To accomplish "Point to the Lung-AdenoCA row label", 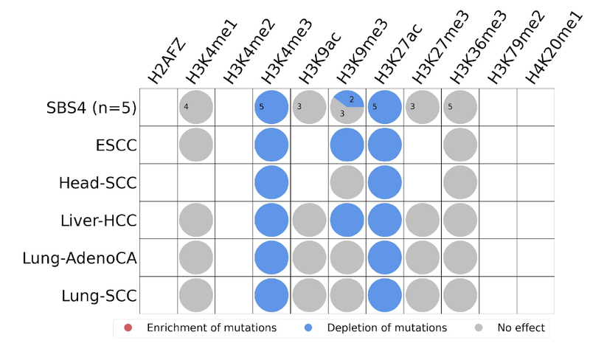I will pos(80,257).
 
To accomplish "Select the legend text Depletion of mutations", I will pos(387,328).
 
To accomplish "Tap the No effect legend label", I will pos(520,328).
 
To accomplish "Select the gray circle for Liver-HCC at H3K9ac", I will pos(310,220).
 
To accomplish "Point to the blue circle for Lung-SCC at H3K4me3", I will pos(271,295).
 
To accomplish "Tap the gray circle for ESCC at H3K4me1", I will pos(196,145).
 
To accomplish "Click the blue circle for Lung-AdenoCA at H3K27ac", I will pos(385,257).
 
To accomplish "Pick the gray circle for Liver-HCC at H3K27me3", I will pos(423,220).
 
